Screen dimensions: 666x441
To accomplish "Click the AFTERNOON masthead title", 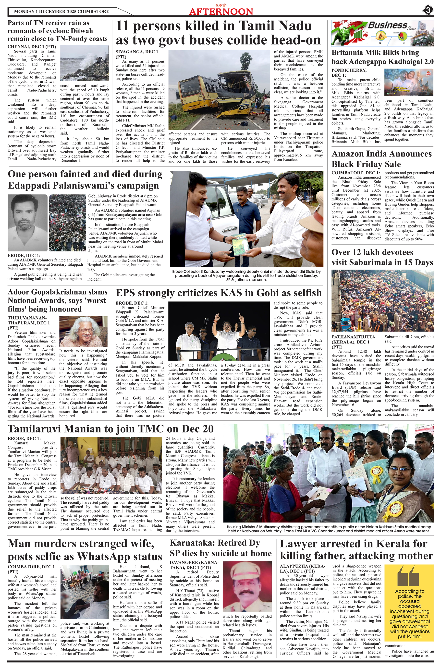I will [x=221, y=11].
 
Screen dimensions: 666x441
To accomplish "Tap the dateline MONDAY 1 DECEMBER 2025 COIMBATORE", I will [x=61, y=12].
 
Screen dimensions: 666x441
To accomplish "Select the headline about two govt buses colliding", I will [x=218, y=33].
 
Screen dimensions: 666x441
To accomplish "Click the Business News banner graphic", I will [x=382, y=33].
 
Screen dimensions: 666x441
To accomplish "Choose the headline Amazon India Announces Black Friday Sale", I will [x=381, y=159].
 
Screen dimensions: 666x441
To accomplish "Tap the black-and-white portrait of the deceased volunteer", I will [x=27, y=223].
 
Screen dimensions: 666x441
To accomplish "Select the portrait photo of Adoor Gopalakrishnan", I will [x=84, y=332].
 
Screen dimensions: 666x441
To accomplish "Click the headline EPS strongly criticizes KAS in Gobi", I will [x=219, y=293].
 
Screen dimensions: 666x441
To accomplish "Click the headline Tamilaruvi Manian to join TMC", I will [x=110, y=429].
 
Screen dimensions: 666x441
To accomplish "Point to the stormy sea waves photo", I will [x=85, y=63].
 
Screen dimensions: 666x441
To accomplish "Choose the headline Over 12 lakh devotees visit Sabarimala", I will [x=382, y=257].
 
